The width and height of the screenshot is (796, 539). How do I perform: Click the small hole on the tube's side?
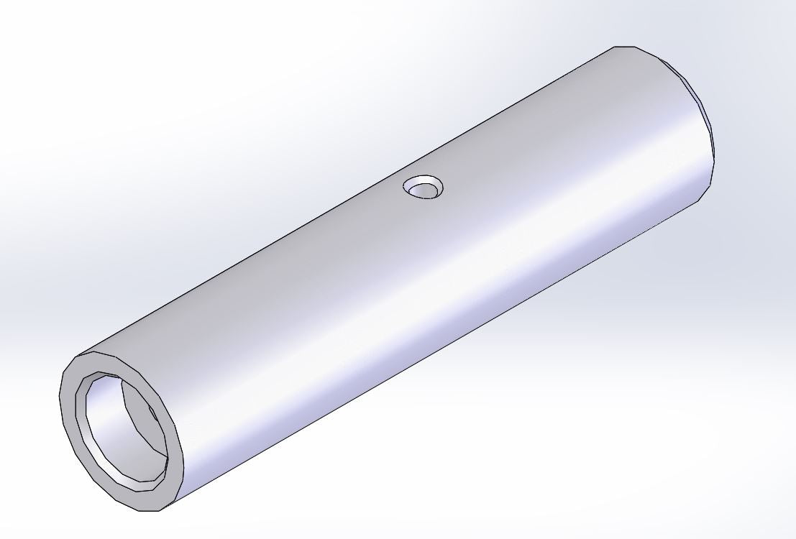[423, 188]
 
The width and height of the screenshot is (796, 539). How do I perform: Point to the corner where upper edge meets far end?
[616, 47]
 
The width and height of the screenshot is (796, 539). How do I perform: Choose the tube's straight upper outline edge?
[345, 201]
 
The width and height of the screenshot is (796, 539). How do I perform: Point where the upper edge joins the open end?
[79, 354]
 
